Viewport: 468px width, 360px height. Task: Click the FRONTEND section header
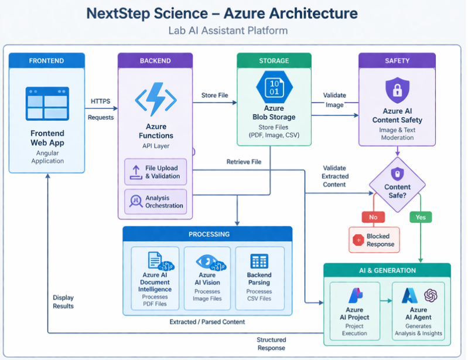coord(47,60)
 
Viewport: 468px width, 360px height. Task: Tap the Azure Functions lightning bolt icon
coord(155,99)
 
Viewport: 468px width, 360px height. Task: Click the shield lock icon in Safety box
coord(397,90)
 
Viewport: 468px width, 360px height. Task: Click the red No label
coord(374,217)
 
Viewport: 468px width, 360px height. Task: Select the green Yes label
coord(421,217)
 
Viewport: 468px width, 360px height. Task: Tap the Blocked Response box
coord(374,240)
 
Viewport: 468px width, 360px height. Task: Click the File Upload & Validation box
coord(156,172)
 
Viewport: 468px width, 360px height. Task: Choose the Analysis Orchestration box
coord(156,202)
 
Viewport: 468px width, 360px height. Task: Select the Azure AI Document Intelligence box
coord(155,280)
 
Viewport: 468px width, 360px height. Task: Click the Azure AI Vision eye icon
coord(207,261)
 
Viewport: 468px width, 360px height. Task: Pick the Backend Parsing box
coord(259,280)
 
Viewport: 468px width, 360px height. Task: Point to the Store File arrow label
coord(214,96)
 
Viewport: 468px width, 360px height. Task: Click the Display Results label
coord(63,301)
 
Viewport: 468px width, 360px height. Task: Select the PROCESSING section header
coord(207,234)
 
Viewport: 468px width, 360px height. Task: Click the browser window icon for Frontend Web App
coord(47,104)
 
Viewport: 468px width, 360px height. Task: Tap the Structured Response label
coord(271,344)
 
